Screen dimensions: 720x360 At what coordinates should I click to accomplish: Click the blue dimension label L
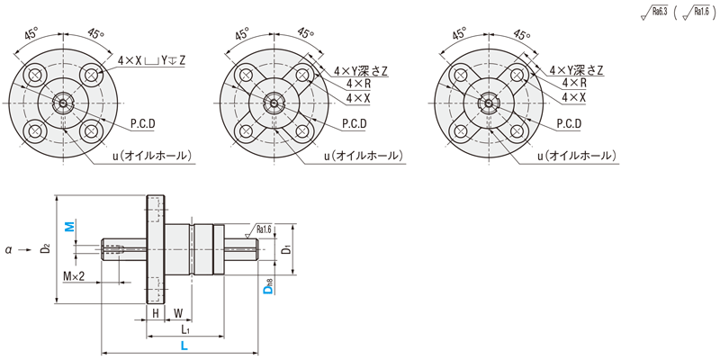pyautogui.click(x=184, y=346)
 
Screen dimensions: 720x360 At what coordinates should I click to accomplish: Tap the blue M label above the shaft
pyautogui.click(x=69, y=226)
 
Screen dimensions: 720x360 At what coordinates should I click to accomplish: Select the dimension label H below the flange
pyautogui.click(x=156, y=313)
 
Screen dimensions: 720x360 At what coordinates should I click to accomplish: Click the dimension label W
pyautogui.click(x=177, y=313)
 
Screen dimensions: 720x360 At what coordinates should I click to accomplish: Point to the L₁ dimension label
pyautogui.click(x=185, y=329)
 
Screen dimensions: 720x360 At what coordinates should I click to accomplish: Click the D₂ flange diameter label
pyautogui.click(x=45, y=248)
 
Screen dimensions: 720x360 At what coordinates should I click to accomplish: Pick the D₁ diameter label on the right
pyautogui.click(x=286, y=249)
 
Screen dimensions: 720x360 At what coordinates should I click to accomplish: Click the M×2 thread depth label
pyautogui.click(x=74, y=276)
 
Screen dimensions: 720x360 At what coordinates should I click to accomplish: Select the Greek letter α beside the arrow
pyautogui.click(x=8, y=250)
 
